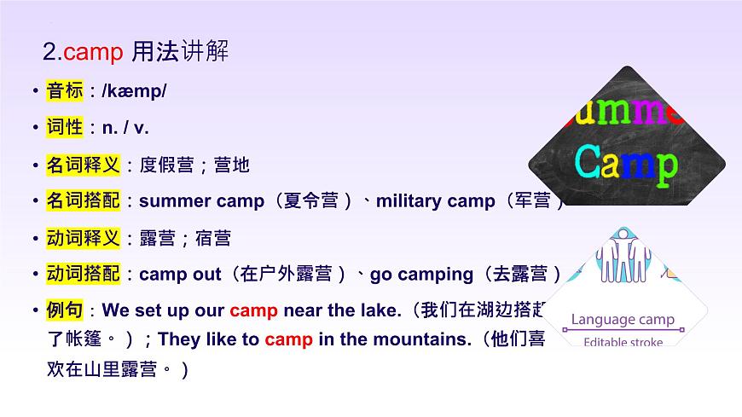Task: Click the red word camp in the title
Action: (95, 52)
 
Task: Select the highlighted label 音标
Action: (65, 90)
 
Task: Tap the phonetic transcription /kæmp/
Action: (134, 91)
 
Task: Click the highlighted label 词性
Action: (65, 128)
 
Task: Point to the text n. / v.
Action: (125, 128)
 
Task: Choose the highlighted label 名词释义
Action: (84, 165)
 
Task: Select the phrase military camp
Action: (435, 201)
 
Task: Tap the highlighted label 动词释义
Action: (84, 238)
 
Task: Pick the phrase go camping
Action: (421, 275)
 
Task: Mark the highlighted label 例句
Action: (65, 310)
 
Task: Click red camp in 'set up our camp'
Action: (253, 310)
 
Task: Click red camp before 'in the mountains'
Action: (288, 339)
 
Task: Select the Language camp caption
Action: (623, 320)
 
